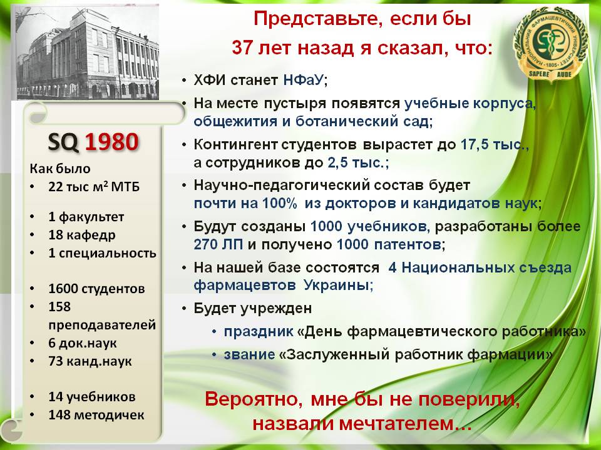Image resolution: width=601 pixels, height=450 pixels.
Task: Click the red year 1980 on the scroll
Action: (111, 142)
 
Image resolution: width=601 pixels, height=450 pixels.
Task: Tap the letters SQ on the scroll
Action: (63, 142)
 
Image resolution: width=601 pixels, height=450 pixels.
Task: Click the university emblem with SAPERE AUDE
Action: (550, 46)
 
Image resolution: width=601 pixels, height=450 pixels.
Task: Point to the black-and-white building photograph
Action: (88, 52)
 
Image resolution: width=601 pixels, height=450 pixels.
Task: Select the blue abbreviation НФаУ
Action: (304, 80)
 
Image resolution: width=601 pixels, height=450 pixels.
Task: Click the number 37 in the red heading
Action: (243, 48)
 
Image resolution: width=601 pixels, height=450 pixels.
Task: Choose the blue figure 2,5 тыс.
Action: (356, 162)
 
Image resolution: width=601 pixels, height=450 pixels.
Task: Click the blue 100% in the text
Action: (279, 203)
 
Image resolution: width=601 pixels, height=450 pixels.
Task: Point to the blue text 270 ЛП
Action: (218, 244)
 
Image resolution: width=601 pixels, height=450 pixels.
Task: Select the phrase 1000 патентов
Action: (389, 244)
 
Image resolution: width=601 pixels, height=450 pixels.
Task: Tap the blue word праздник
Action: (259, 331)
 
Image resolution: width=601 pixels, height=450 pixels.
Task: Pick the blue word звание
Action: (250, 354)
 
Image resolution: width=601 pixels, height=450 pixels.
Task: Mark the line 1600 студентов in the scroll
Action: (96, 289)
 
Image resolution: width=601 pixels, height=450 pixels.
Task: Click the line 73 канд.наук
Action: (90, 361)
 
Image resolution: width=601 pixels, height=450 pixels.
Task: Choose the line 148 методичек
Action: (96, 415)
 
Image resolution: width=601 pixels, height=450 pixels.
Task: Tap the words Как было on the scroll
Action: (60, 169)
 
